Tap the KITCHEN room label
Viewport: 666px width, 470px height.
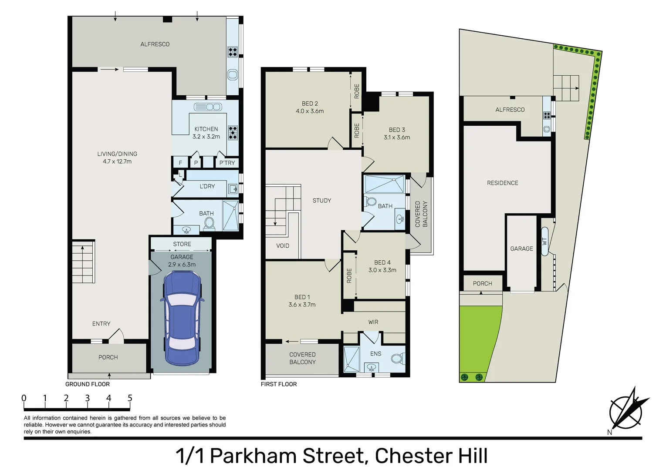coord(206,129)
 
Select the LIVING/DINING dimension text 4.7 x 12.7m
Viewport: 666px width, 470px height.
coord(117,161)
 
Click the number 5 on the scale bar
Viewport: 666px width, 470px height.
coord(130,398)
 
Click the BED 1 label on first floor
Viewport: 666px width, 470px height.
coord(302,297)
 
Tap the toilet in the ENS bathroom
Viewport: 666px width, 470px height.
coord(396,359)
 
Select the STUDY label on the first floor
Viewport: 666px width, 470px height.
coord(322,201)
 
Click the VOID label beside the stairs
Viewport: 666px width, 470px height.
coord(283,246)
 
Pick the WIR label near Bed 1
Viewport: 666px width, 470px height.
coord(373,322)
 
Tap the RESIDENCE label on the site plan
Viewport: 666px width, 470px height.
coord(502,183)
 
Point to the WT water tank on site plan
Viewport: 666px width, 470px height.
coord(544,241)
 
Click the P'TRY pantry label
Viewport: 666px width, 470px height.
coord(227,163)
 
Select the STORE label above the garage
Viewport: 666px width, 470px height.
coord(182,244)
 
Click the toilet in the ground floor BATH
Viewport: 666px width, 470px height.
coord(209,223)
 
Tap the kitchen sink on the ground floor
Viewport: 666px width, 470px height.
coord(208,107)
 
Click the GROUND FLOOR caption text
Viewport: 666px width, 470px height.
coord(88,384)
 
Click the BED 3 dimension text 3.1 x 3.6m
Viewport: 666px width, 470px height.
coord(397,138)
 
